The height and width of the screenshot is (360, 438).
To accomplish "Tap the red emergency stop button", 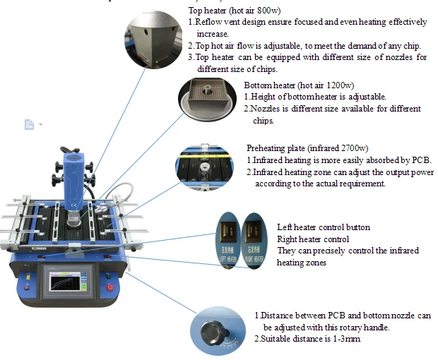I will (x=109, y=288).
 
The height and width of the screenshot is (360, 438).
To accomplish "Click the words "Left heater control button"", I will (x=323, y=227).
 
